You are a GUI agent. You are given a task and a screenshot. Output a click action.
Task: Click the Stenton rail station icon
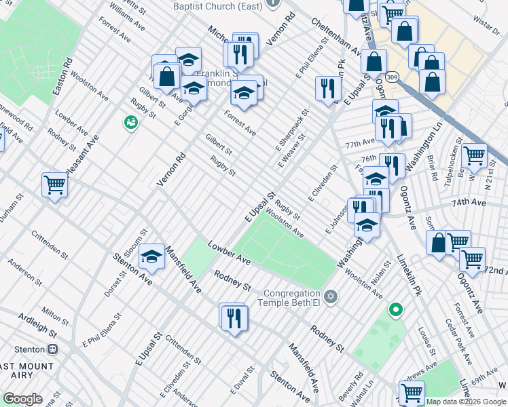[x=53, y=349]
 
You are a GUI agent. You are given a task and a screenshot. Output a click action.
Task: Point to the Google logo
[x=22, y=399]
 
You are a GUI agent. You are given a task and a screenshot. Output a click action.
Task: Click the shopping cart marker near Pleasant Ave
[x=54, y=184]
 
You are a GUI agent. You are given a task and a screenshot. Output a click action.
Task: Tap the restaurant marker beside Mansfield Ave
[x=234, y=317]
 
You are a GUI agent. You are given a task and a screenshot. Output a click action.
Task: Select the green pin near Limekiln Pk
[x=395, y=311]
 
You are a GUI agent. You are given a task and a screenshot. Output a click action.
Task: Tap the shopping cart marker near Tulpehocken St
[x=474, y=155]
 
